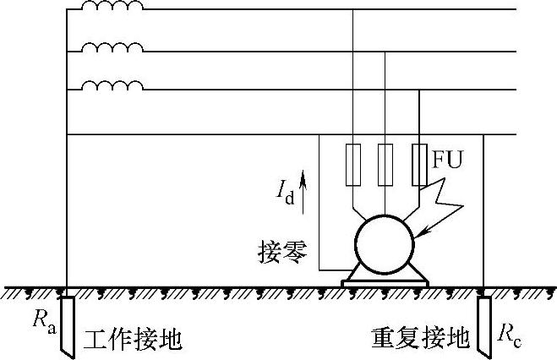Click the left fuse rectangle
352,165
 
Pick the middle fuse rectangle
385,165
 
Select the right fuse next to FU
418,165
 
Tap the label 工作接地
134,338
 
